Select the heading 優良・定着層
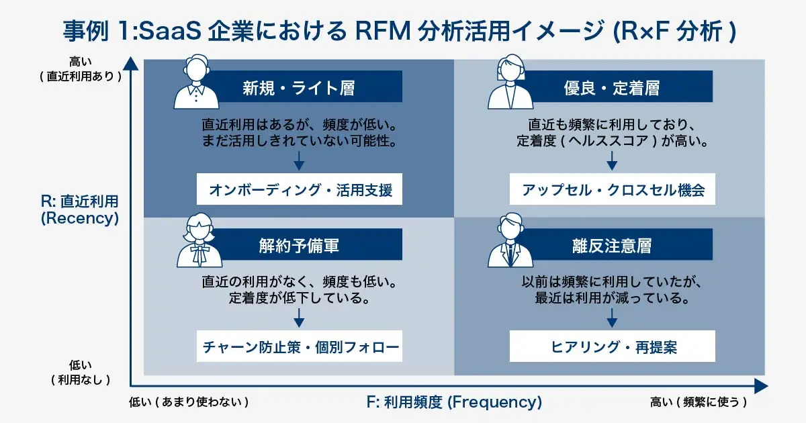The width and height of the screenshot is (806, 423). tap(611, 87)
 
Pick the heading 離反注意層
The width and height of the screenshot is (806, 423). tap(611, 245)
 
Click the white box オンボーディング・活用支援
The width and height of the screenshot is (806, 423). tap(300, 190)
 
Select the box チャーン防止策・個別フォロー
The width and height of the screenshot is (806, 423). tap(300, 347)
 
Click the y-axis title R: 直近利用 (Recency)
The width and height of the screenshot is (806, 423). tap(79, 209)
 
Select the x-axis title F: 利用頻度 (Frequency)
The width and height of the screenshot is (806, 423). tap(454, 402)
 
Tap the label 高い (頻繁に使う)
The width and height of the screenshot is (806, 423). tap(699, 402)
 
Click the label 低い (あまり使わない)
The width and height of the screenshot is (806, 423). tap(189, 402)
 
